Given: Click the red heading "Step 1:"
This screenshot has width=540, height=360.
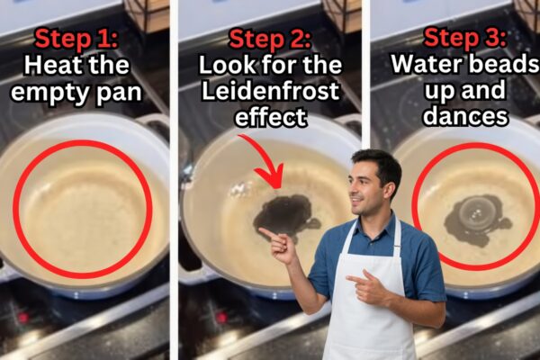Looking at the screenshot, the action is coord(76,38).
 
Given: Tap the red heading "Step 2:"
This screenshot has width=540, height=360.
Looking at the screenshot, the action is coord(270,39).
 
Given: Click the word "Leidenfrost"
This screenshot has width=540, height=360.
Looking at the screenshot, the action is coord(270,90).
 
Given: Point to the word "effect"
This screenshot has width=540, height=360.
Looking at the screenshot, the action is coord(271,116).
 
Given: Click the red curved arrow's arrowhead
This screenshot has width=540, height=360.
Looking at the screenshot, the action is coord(271,177).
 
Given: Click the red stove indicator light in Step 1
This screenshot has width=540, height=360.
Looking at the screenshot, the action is coord(23,317).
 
